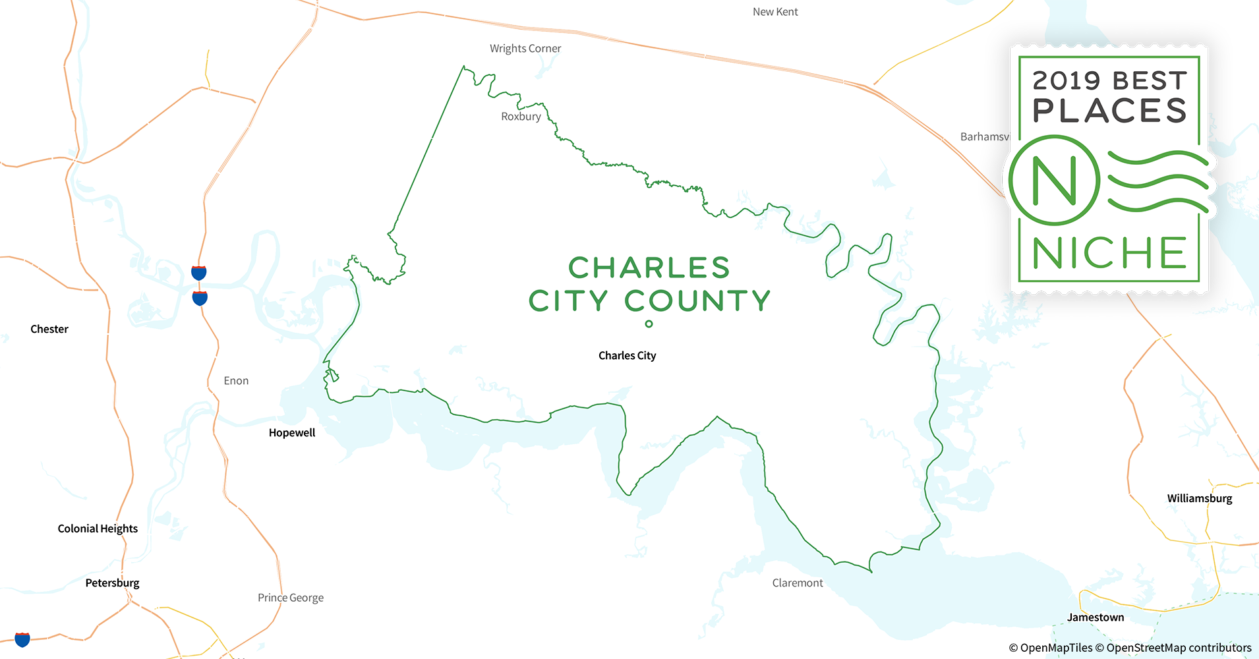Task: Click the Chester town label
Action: (49, 329)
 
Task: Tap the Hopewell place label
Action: (292, 432)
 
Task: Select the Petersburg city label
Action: (112, 583)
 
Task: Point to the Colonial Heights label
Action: (98, 529)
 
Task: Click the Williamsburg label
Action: (1200, 498)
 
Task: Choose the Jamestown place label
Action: (1096, 617)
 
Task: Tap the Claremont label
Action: (798, 583)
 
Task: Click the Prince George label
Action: (291, 598)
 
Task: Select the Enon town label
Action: (236, 381)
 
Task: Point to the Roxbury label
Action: (521, 117)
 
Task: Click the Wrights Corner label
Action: (525, 49)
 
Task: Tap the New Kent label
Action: (775, 12)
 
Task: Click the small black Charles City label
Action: (627, 356)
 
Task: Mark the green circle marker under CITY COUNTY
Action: (649, 324)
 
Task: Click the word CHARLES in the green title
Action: (649, 268)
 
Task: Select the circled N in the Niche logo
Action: (1054, 181)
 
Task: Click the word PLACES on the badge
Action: (1110, 111)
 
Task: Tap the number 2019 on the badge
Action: (1066, 81)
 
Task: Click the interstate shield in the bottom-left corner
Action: (22, 639)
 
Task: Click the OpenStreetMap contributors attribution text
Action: (1179, 648)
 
